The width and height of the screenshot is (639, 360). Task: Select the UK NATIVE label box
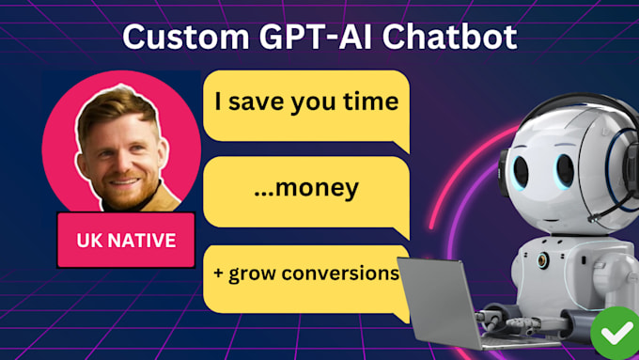[126, 241]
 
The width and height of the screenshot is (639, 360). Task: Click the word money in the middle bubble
[313, 188]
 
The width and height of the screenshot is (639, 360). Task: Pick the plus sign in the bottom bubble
[218, 274]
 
